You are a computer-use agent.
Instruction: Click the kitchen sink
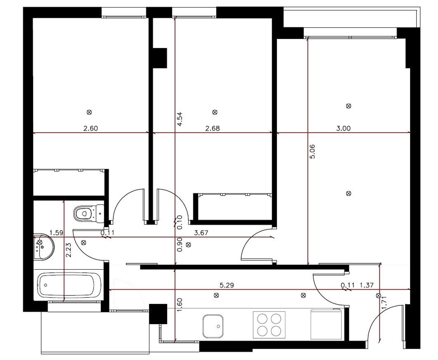point(213,326)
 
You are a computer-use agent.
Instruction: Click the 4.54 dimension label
point(180,119)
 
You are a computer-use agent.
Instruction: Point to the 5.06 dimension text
point(312,152)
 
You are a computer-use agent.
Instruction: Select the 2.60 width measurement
point(91,128)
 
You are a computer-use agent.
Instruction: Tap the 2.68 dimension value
point(213,128)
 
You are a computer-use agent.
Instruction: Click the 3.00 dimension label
point(343,128)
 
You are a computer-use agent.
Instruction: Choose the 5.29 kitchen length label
point(227,285)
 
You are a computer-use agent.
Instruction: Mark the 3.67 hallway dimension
point(201,233)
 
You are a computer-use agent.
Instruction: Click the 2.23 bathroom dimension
point(68,250)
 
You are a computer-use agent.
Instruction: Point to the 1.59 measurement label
point(56,233)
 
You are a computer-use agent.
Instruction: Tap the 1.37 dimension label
point(366,285)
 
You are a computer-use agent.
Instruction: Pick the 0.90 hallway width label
point(180,245)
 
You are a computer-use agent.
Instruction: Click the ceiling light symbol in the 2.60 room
point(89,112)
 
